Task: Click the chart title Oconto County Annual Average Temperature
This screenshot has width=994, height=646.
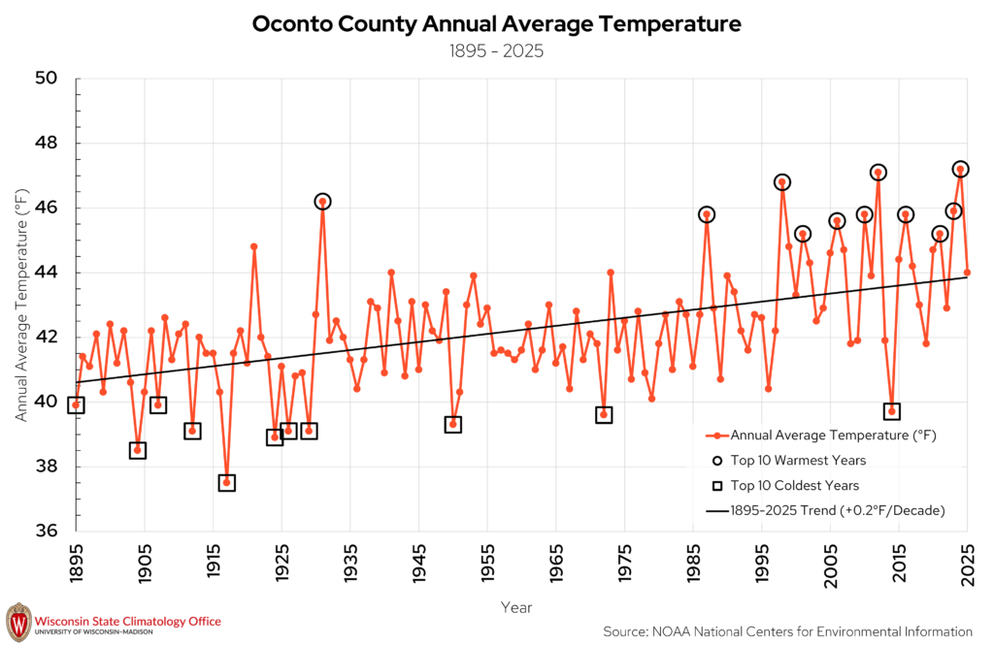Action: point(496,24)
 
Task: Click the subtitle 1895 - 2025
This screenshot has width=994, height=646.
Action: point(496,51)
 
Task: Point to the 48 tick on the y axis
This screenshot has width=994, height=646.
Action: point(46,144)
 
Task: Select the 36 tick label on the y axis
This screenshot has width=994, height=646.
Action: point(46,531)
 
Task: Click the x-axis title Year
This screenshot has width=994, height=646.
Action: point(516,607)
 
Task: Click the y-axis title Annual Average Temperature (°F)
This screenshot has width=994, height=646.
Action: point(22,305)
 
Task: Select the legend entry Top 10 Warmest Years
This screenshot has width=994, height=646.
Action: point(788,461)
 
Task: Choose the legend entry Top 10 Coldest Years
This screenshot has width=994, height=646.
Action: point(785,486)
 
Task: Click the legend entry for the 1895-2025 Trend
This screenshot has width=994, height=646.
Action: point(825,510)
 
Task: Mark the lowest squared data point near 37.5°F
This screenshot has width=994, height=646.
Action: point(227,483)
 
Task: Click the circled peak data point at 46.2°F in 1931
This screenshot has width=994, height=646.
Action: point(322,202)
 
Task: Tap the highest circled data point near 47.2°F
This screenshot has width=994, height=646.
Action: point(960,169)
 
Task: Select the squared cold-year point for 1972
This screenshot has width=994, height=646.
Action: point(604,415)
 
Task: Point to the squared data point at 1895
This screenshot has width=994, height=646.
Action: point(76,405)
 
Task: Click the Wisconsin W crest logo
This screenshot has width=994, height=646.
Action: point(18,623)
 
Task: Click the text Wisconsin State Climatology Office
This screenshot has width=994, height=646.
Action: point(128,622)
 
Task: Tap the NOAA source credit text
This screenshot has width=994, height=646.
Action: point(787,631)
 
